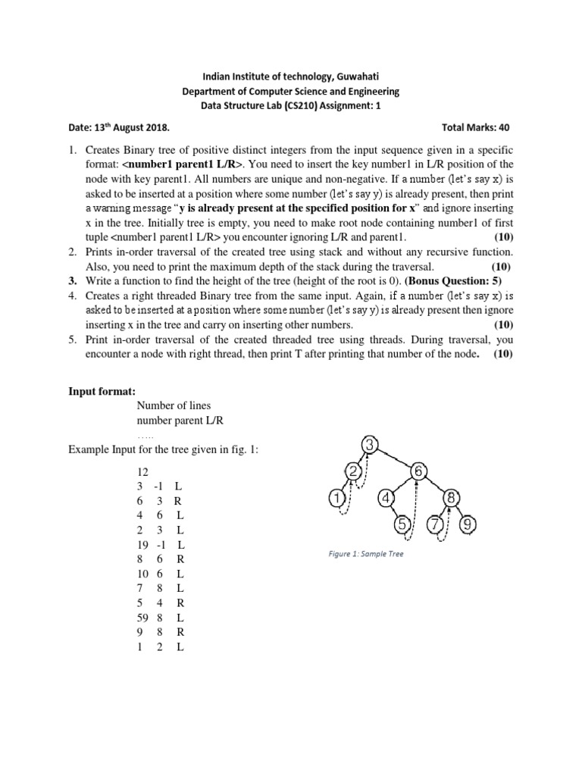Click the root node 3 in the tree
[x=369, y=444]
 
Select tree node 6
[x=419, y=471]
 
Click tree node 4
[x=385, y=498]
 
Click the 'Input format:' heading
[x=102, y=390]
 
